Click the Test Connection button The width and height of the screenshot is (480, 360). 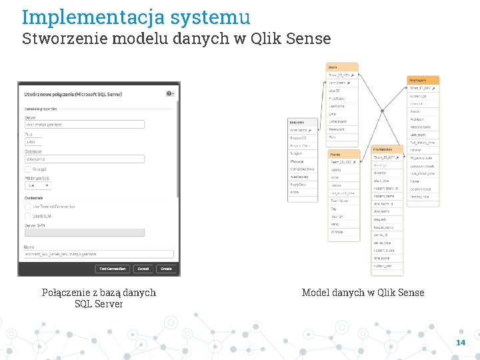[112, 269]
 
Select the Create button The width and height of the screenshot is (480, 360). [166, 269]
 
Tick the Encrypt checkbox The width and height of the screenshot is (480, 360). [28, 169]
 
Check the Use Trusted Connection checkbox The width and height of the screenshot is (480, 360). [28, 207]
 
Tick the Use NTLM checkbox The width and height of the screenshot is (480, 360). [28, 216]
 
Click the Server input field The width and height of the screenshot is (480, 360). [85, 124]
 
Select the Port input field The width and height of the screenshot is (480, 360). [33, 141]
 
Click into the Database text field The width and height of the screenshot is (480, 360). [85, 159]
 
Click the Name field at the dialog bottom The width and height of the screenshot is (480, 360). [99, 254]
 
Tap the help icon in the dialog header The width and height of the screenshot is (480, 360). [169, 94]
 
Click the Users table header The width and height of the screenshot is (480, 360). [342, 67]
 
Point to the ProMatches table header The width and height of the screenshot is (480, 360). [387, 149]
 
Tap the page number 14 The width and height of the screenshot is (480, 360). [460, 343]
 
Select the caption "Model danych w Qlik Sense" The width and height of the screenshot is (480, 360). [363, 292]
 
